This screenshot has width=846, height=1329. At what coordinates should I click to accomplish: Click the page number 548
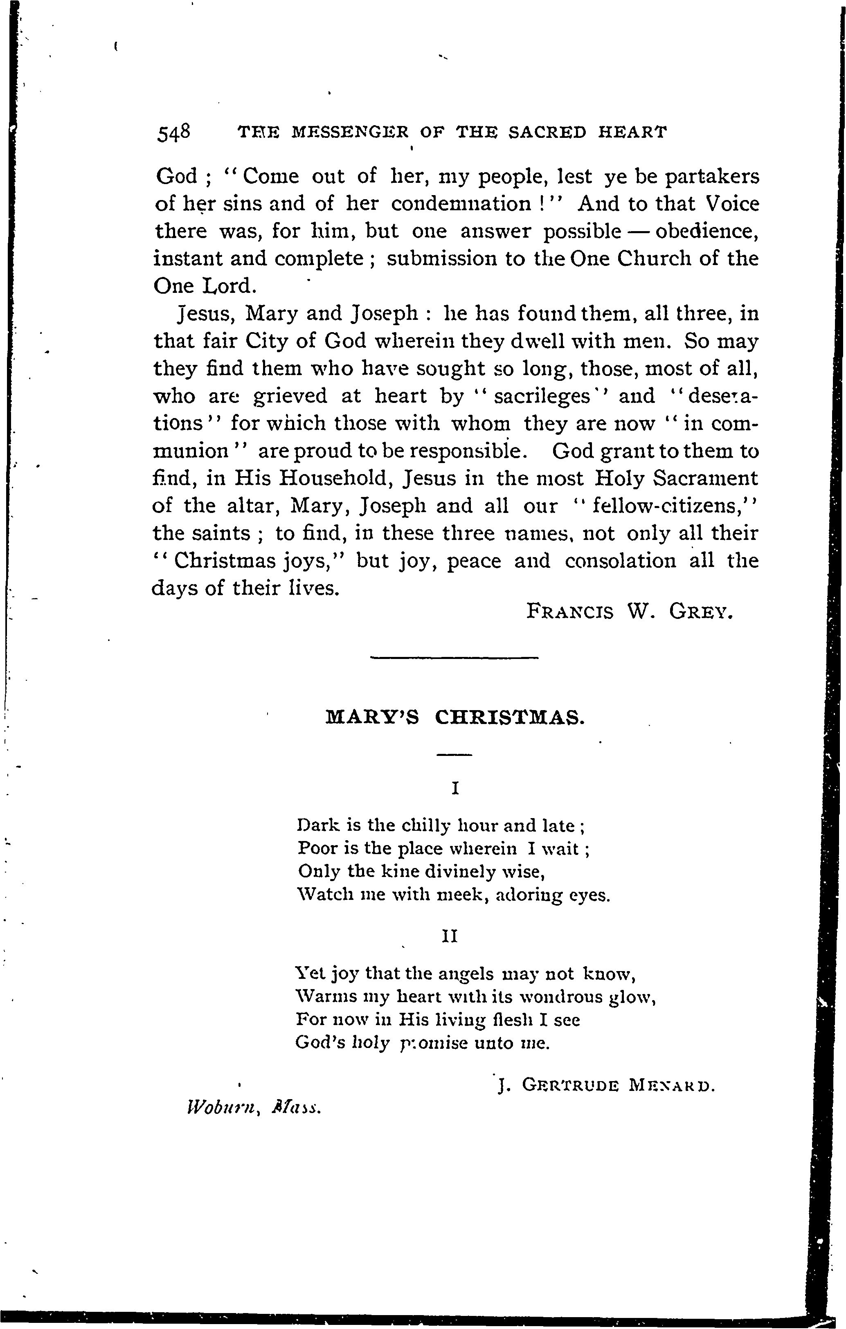click(174, 133)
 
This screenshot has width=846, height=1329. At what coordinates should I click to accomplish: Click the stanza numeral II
click(451, 937)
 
